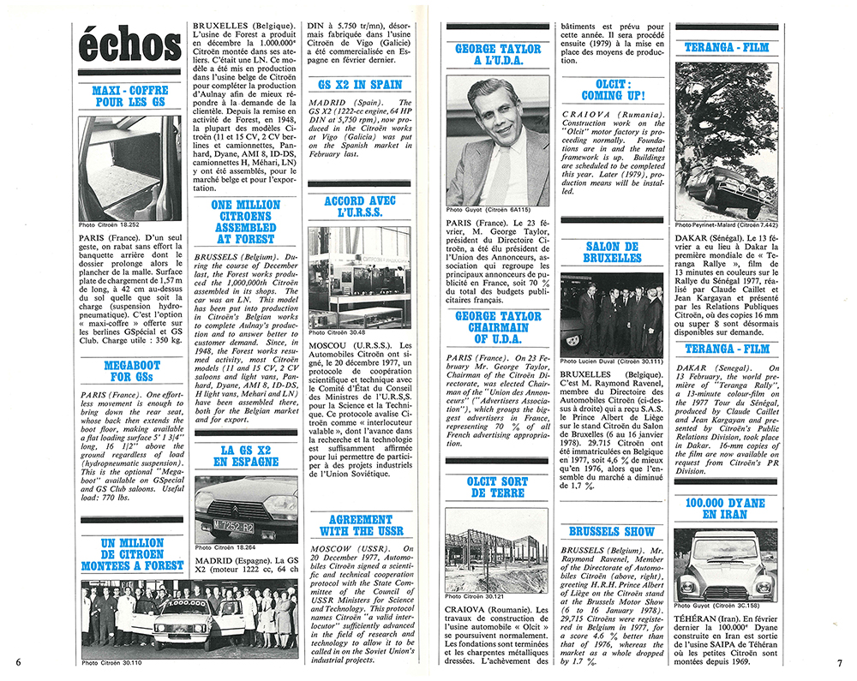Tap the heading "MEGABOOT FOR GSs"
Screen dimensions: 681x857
tap(131, 371)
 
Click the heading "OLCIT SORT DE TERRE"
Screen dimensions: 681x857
tap(498, 487)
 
